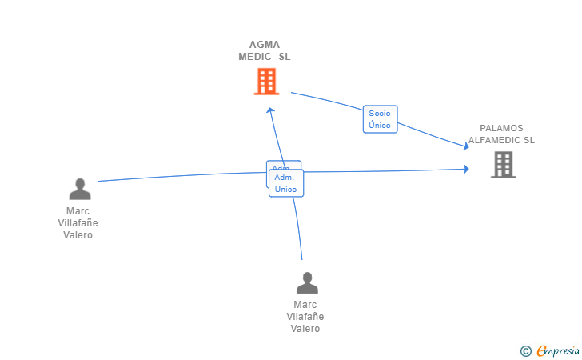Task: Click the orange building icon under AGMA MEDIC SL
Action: (266, 81)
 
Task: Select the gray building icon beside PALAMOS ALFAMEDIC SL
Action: (503, 164)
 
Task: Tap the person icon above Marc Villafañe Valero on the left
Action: (80, 189)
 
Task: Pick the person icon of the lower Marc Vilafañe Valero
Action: (307, 282)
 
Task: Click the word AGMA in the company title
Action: (265, 45)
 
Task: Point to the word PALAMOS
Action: (501, 128)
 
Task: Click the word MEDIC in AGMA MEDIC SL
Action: (257, 57)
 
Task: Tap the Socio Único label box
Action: (380, 119)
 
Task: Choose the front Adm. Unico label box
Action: (285, 183)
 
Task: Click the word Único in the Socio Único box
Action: (380, 126)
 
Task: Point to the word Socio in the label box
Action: (380, 114)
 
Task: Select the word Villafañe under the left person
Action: (78, 223)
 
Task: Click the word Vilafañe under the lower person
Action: (305, 317)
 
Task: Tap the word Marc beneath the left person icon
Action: (78, 211)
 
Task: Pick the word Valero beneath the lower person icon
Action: (305, 329)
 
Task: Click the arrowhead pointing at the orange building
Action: (270, 110)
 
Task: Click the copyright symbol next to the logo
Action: (525, 350)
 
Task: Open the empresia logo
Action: (558, 350)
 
